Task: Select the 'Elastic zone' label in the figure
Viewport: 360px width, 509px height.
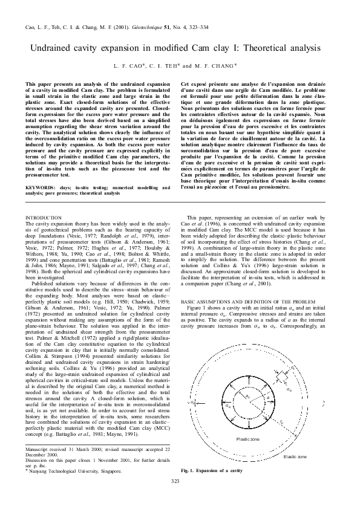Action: pyautogui.click(x=295, y=456)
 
